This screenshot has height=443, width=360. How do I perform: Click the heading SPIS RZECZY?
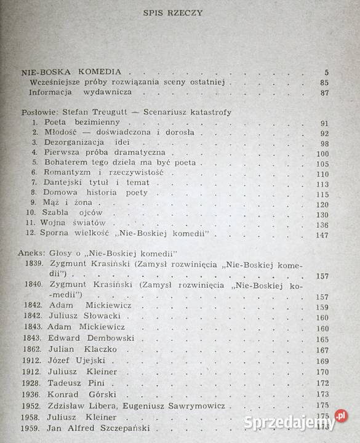pos(179,12)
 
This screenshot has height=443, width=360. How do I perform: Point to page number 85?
pos(324,83)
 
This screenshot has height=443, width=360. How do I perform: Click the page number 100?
pos(322,153)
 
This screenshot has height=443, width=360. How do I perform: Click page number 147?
pos(322,235)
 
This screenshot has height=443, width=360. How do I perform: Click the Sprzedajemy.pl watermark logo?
pos(295,421)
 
